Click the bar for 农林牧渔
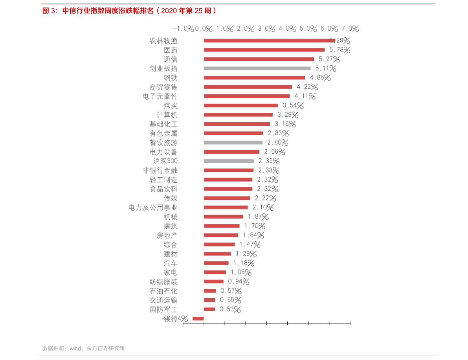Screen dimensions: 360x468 point(269,40)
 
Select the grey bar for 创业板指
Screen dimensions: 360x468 point(257,68)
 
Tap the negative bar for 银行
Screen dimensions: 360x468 point(198,318)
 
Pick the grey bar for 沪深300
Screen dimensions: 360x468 point(229,161)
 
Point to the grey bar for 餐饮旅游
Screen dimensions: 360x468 point(233,143)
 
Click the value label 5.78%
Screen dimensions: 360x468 point(340,50)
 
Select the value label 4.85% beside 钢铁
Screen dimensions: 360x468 point(320,78)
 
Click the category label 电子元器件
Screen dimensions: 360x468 point(160,96)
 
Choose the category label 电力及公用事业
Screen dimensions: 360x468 point(153,208)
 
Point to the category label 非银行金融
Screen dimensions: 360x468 point(160,171)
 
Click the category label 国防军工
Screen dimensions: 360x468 point(163,309)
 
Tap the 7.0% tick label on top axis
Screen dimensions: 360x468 point(350,29)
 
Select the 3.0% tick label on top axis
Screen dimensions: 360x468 point(266,29)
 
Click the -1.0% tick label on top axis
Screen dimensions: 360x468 point(183,29)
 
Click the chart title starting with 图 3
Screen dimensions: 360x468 point(129,11)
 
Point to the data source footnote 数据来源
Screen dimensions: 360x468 point(83,348)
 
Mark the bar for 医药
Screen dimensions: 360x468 point(264,50)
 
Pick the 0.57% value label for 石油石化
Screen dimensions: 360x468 point(231,291)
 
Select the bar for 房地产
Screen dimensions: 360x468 point(221,235)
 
